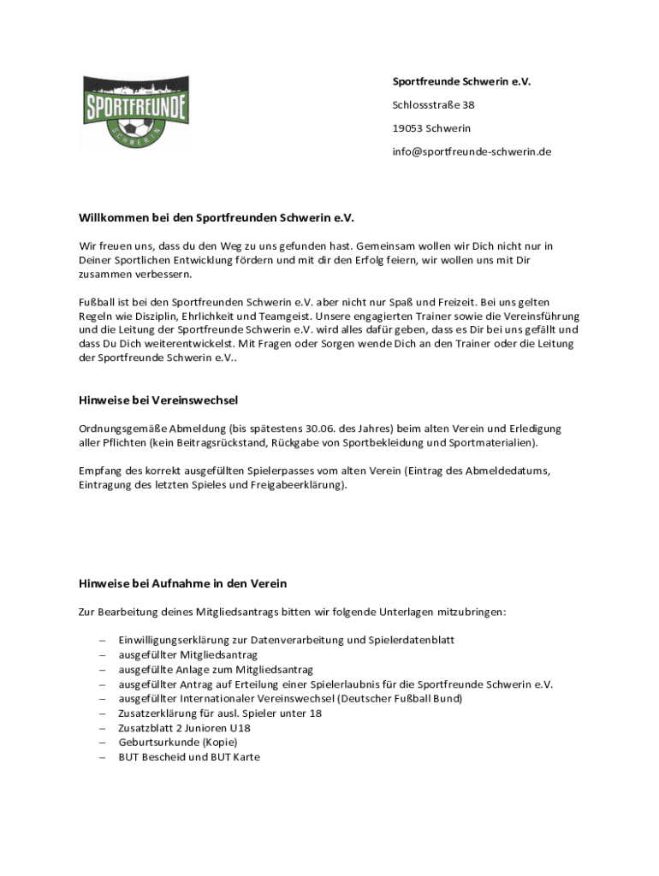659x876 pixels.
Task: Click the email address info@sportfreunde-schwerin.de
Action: click(x=472, y=151)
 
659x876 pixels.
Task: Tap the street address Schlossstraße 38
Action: click(x=433, y=105)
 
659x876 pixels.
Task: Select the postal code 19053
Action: click(x=407, y=128)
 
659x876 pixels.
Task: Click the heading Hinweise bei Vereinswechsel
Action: click(x=158, y=400)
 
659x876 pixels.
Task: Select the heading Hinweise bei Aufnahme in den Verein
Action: click(x=182, y=583)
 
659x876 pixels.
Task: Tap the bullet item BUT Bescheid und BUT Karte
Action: click(x=189, y=757)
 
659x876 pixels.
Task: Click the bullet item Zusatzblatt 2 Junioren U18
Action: click(x=184, y=728)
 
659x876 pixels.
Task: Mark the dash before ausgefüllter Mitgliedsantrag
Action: click(x=102, y=654)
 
